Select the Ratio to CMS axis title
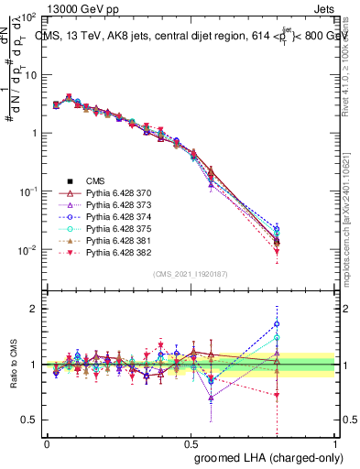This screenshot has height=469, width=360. click(12, 365)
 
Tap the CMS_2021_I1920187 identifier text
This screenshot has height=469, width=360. click(191, 274)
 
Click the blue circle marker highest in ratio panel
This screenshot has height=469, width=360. click(277, 323)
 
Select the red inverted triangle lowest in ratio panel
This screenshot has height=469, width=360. click(277, 396)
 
